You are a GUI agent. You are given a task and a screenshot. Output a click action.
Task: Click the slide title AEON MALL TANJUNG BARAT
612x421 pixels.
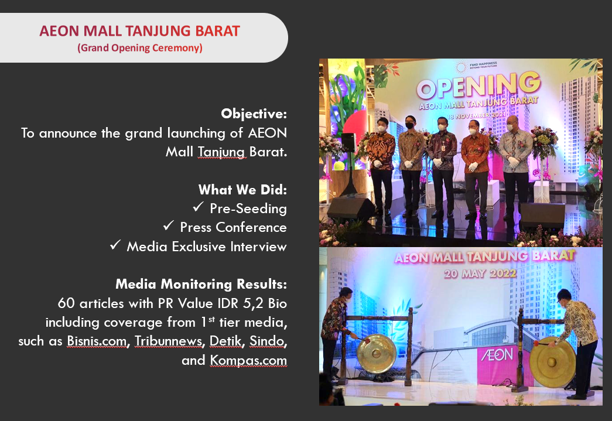140,31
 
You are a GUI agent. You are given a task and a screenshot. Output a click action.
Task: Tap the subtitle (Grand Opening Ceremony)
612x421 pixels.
140,48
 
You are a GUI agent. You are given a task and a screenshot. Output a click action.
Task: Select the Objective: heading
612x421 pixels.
254,114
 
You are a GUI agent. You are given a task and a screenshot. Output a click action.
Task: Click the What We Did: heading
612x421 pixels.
243,190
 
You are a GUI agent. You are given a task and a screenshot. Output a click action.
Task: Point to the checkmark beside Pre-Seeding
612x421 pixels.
199,207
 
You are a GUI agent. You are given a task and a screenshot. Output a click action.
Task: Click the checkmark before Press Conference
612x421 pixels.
169,225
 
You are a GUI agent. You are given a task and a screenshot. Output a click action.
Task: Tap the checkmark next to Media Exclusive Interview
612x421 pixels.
115,245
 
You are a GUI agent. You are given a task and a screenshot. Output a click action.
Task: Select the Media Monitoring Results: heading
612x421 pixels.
201,284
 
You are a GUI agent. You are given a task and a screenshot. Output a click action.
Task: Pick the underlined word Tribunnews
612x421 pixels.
169,341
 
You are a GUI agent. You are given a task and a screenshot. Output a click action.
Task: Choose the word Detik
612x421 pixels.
225,341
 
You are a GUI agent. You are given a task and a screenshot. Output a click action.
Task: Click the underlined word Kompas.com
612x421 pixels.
248,360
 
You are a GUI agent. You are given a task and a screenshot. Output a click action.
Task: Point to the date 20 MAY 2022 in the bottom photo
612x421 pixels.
480,273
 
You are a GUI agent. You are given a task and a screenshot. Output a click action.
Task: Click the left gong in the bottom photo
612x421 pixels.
376,354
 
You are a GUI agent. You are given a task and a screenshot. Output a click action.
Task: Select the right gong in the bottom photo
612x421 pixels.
553,362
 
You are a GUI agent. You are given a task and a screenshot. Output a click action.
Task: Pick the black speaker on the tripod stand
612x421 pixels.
348,142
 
